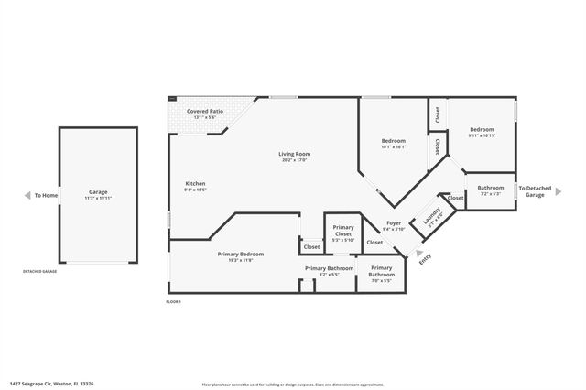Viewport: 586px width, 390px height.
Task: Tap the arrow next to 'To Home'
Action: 26,195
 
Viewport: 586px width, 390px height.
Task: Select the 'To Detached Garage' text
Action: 534,191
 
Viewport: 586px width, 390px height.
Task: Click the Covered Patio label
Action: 203,111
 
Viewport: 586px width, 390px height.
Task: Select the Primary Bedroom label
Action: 241,254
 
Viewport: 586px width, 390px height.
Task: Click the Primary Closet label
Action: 343,231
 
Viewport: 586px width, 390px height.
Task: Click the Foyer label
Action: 394,223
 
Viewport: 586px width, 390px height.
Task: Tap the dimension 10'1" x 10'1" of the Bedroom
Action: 393,146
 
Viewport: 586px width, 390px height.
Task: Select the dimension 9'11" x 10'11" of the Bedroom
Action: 482,135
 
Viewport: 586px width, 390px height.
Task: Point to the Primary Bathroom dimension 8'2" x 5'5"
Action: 328,275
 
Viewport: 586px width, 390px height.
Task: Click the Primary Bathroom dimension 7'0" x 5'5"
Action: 381,281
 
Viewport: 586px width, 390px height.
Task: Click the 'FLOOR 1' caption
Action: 174,301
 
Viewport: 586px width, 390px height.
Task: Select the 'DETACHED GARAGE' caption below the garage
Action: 40,272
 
